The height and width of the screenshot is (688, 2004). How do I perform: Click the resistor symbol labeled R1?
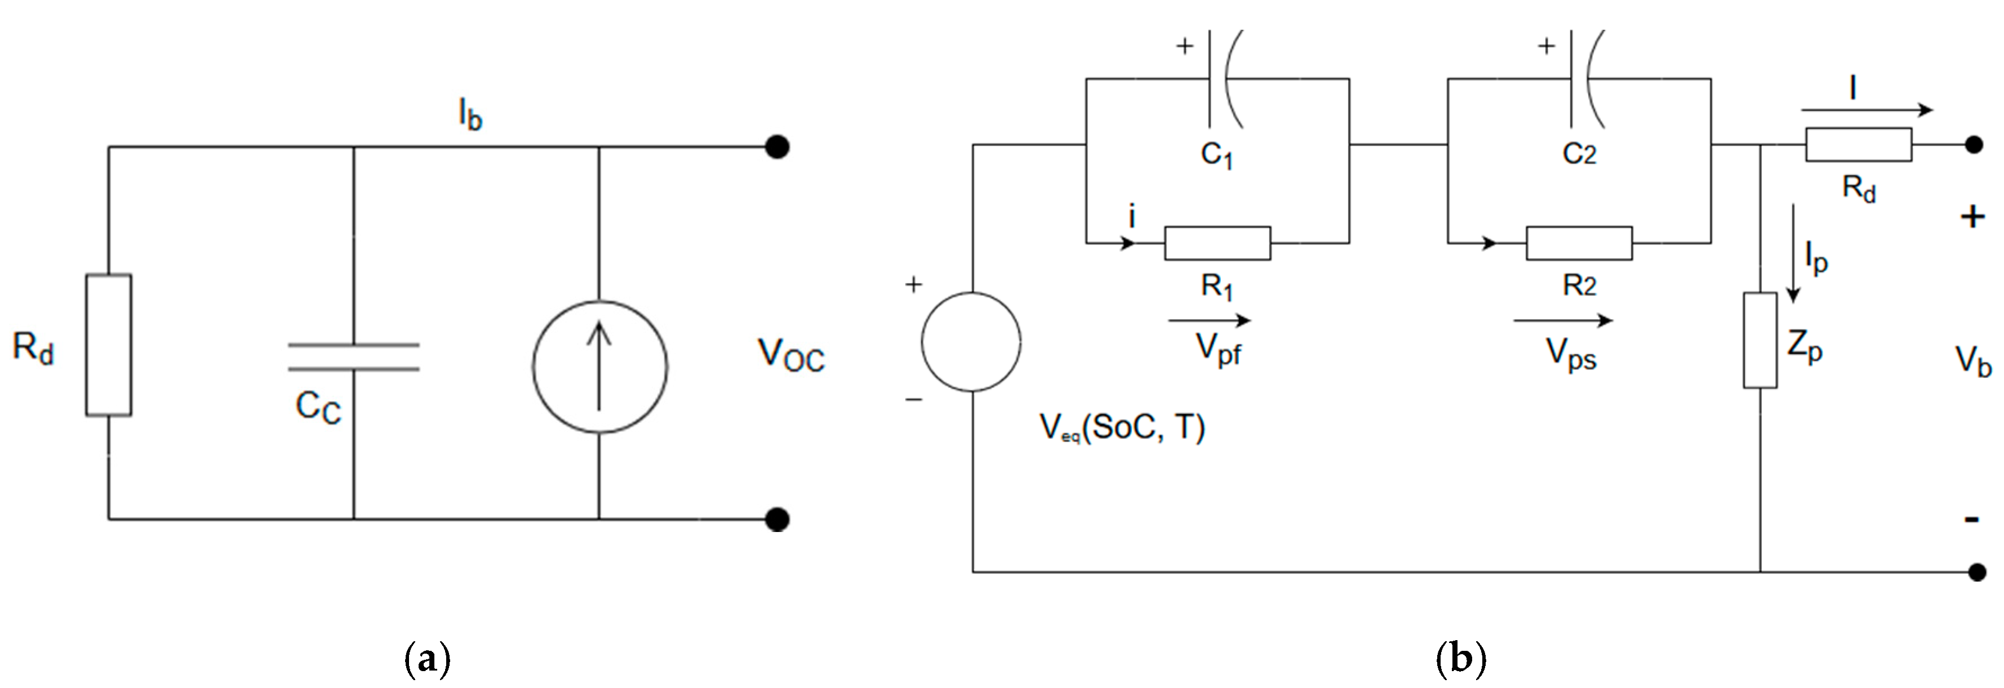[1217, 243]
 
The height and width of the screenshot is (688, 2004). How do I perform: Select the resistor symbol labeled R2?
[1579, 243]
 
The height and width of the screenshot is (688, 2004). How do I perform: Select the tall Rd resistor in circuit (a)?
[108, 345]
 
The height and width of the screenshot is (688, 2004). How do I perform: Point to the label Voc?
[790, 356]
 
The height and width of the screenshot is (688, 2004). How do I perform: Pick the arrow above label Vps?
[1562, 320]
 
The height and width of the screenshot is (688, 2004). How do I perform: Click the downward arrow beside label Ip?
[1793, 253]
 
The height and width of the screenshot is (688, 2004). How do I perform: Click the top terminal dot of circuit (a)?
[777, 146]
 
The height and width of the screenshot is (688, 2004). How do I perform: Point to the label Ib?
[470, 114]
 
